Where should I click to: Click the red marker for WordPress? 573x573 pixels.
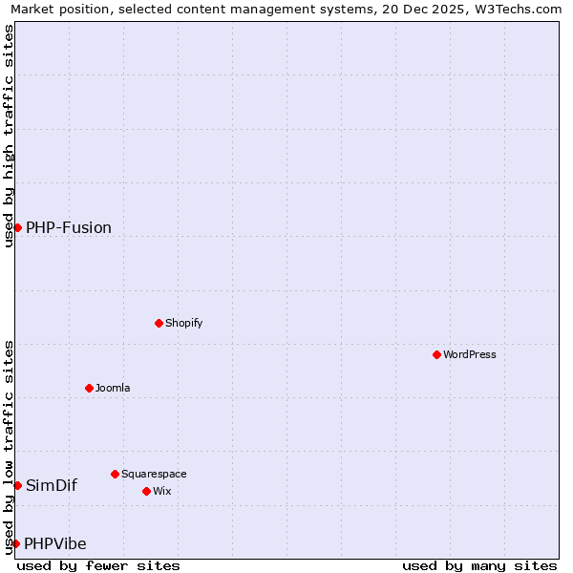[x=436, y=354]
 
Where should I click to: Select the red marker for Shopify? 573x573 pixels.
[x=159, y=323]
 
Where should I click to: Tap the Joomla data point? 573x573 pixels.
[x=89, y=388]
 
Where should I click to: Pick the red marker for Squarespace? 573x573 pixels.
[x=115, y=474]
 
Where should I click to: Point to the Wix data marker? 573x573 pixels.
[x=146, y=491]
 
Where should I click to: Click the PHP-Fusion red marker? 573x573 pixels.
[x=17, y=227]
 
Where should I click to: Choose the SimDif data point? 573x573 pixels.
[x=17, y=485]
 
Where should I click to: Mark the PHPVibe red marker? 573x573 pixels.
[x=15, y=543]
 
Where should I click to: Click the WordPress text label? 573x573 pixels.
[x=470, y=354]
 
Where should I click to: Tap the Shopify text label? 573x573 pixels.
[x=184, y=323]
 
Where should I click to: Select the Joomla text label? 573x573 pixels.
[x=113, y=388]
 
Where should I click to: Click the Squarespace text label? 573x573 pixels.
[x=154, y=474]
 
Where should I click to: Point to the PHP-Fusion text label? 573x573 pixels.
[x=69, y=227]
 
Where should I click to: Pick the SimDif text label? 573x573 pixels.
[x=52, y=485]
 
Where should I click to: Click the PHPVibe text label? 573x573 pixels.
[x=55, y=543]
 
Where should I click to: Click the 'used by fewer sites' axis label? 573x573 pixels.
[x=98, y=565]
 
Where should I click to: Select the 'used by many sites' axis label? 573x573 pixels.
[x=479, y=565]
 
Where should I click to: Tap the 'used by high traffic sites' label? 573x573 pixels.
[x=9, y=136]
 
